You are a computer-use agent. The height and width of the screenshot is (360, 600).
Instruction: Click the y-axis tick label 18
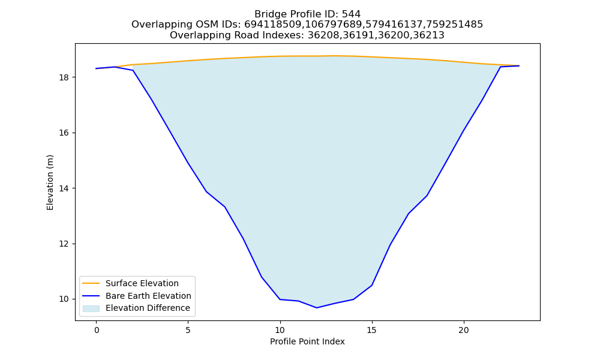pyautogui.click(x=64, y=77)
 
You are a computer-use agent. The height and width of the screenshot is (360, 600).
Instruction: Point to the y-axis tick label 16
pyautogui.click(x=64, y=133)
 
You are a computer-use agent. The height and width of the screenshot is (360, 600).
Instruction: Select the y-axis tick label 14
pyautogui.click(x=64, y=188)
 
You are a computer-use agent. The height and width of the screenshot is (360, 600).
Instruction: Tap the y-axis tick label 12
pyautogui.click(x=64, y=244)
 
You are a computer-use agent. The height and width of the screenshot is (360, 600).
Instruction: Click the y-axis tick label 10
pyautogui.click(x=64, y=299)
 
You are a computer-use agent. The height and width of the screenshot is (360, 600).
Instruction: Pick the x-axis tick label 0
pyautogui.click(x=97, y=330)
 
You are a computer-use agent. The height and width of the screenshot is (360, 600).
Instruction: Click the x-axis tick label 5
pyautogui.click(x=188, y=330)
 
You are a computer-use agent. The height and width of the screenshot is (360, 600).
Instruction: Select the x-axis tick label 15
pyautogui.click(x=371, y=330)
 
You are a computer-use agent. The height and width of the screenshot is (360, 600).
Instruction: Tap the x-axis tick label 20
pyautogui.click(x=463, y=330)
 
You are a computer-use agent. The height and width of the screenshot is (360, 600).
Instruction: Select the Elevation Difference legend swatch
pyautogui.click(x=91, y=308)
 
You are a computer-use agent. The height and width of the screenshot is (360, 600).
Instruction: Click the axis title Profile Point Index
pyautogui.click(x=307, y=341)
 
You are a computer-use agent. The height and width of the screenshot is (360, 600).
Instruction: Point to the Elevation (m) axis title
pyautogui.click(x=50, y=182)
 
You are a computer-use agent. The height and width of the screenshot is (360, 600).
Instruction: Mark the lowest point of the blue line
pyautogui.click(x=316, y=308)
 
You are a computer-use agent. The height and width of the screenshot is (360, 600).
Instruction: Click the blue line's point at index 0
pyautogui.click(x=97, y=68)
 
